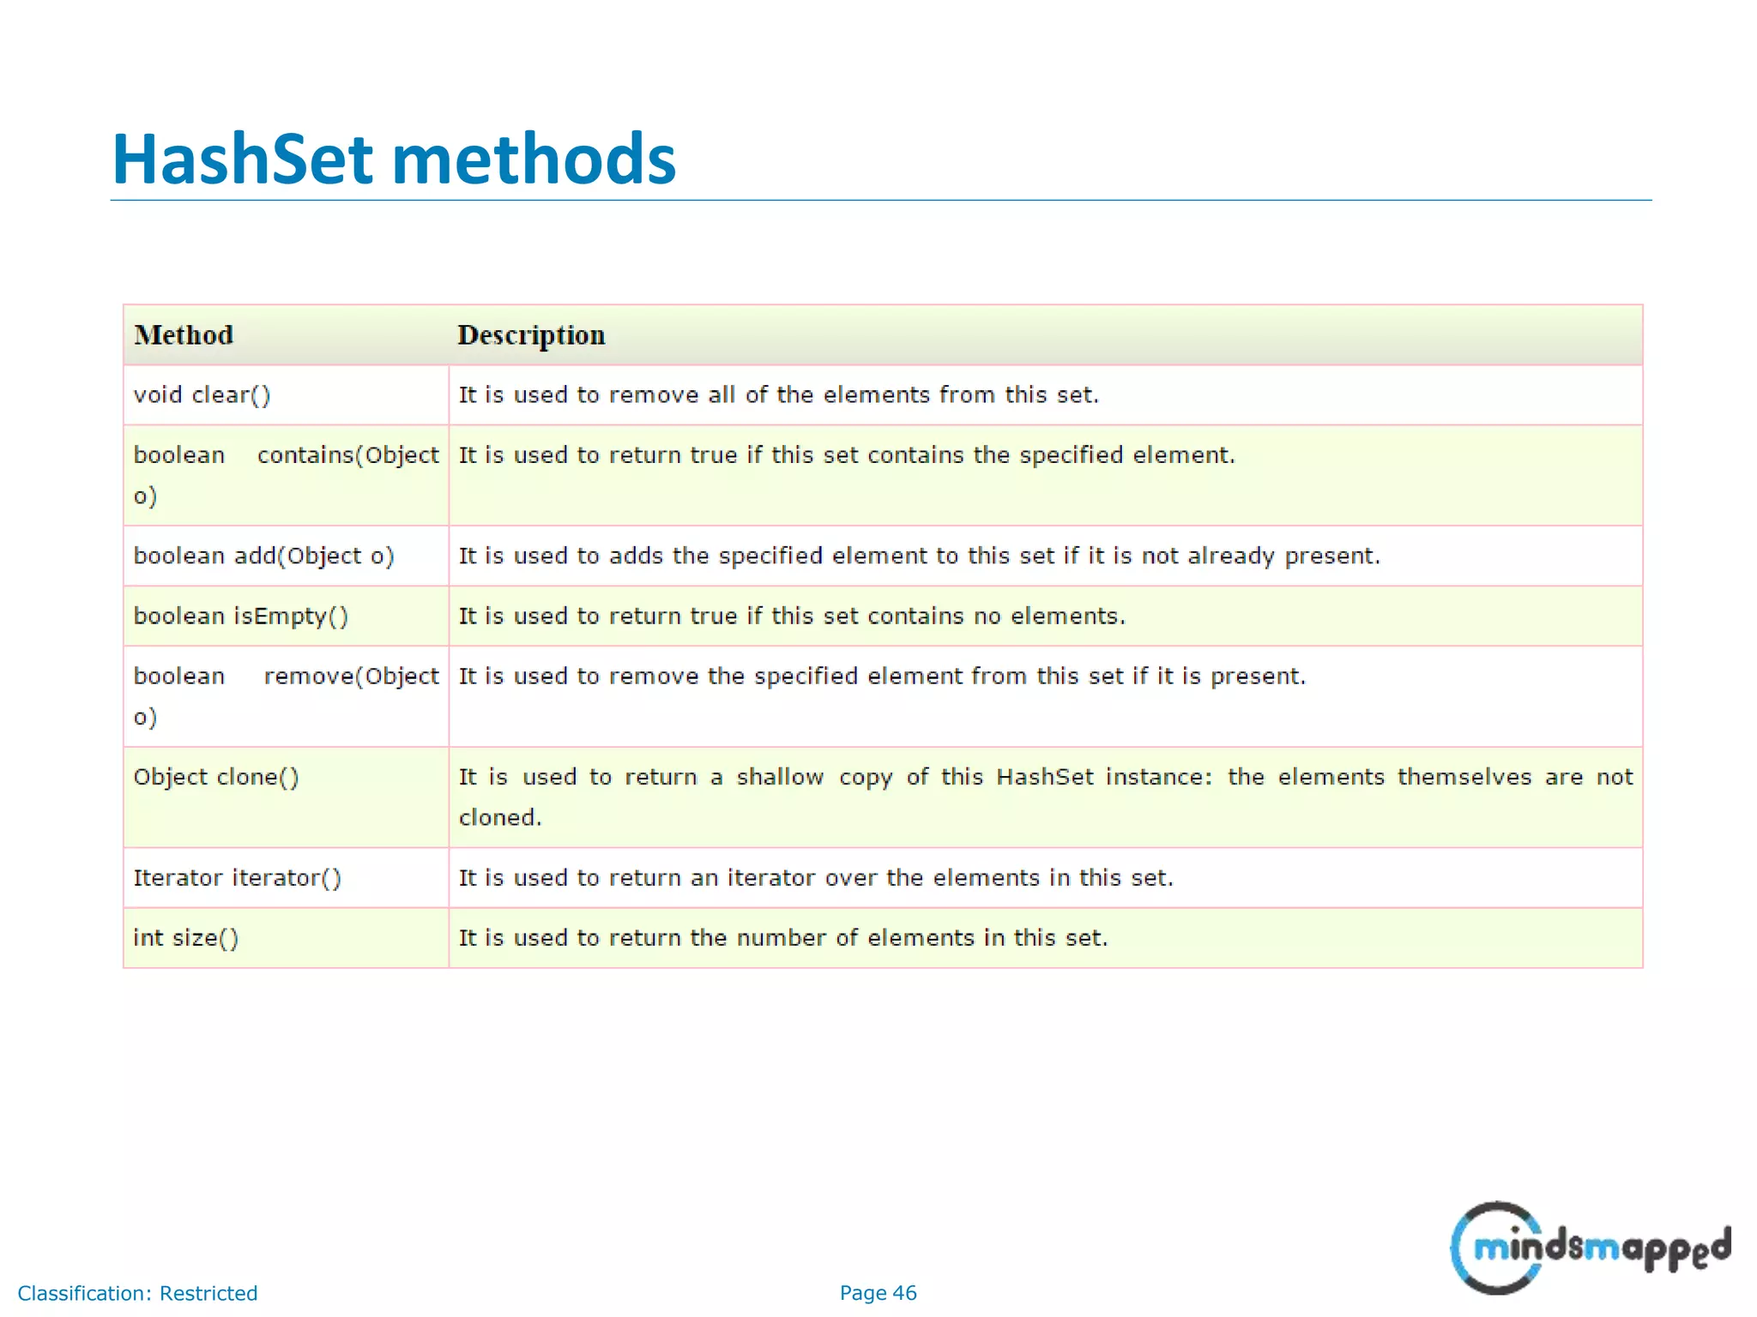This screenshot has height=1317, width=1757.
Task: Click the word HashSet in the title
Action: point(243,159)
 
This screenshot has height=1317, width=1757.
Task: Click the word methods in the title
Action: point(534,159)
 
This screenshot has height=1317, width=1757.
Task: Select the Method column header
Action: point(184,335)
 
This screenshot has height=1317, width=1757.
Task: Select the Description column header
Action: point(531,335)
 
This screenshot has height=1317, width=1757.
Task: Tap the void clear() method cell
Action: point(202,395)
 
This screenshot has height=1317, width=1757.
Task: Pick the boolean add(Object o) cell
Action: point(263,556)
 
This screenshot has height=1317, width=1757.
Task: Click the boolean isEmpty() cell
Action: point(241,616)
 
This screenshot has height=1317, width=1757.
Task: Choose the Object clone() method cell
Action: point(216,778)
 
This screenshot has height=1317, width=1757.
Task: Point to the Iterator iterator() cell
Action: point(238,879)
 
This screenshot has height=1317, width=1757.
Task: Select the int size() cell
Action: point(186,939)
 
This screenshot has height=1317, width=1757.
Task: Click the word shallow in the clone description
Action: point(780,778)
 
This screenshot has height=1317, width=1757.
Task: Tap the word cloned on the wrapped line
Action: point(499,818)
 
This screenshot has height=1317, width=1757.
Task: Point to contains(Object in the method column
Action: point(348,455)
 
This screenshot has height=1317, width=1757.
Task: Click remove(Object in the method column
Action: point(352,677)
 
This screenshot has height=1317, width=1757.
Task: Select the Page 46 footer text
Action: point(878,1293)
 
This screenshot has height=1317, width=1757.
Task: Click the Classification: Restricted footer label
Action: point(137,1293)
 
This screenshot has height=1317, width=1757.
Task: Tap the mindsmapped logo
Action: point(1589,1248)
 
